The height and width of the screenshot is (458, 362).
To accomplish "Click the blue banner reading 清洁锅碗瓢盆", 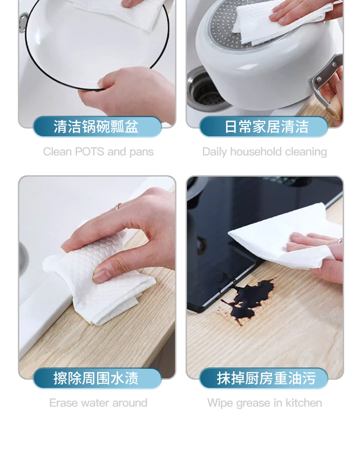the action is [x=97, y=127].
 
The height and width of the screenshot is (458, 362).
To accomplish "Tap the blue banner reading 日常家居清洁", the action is [x=263, y=127].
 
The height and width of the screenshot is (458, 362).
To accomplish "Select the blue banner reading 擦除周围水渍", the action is [x=97, y=378].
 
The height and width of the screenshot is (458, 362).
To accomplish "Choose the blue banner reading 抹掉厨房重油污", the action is [x=263, y=378].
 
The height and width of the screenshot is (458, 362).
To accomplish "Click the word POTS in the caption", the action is [x=89, y=151].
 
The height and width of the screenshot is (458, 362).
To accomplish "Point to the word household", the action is [x=256, y=151].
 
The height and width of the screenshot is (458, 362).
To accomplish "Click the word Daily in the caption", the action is [x=214, y=152].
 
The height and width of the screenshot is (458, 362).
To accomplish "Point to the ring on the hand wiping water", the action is [x=118, y=205].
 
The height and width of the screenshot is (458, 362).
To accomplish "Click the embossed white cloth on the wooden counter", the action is [x=99, y=277].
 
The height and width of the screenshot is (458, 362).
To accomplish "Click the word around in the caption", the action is [x=130, y=403].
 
